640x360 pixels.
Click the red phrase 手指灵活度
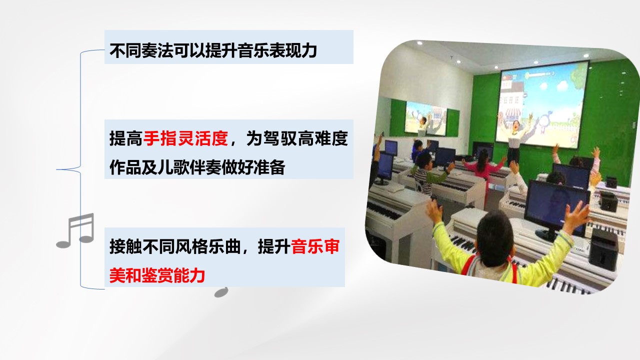185,138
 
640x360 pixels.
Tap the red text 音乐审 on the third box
315,246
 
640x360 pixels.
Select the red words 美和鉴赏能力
157,275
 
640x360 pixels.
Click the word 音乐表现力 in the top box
277,50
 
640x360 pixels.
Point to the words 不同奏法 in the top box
141,50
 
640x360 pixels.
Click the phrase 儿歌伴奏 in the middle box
189,167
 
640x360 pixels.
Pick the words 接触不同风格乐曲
175,246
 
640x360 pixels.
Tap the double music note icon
75,230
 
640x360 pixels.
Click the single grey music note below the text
221,292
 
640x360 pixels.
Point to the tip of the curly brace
56,169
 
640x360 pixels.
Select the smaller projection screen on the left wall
425,118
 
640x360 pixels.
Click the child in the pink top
483,165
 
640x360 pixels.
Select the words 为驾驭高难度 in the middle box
297,138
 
